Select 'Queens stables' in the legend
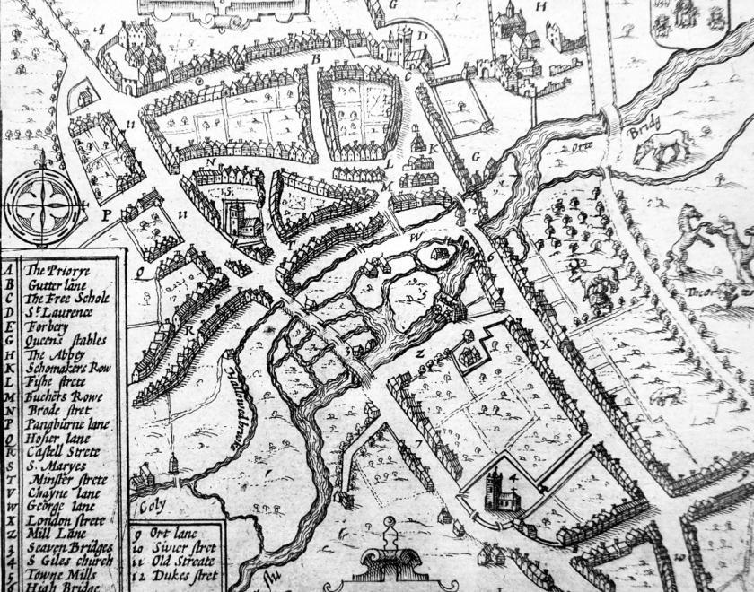click(x=65, y=340)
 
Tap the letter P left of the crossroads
click(x=105, y=215)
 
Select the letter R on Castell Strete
click(x=189, y=329)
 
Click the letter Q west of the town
click(x=141, y=266)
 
